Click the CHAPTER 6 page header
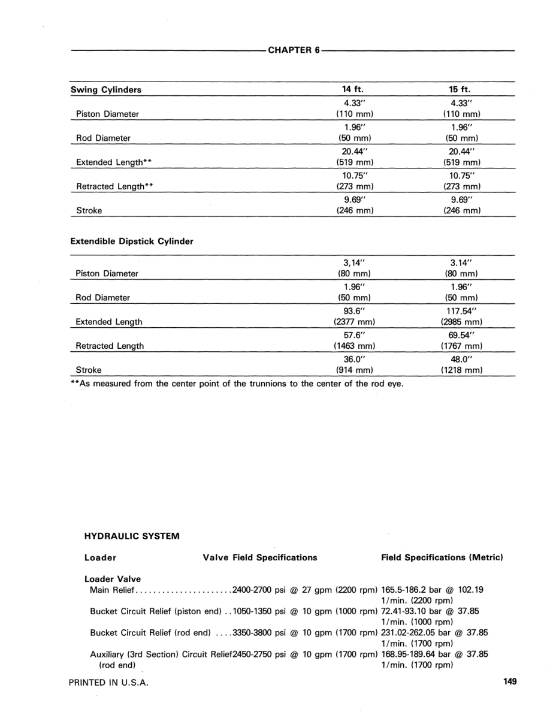[294, 50]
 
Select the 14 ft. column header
[353, 90]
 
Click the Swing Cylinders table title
[106, 90]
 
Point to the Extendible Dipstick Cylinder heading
[132, 242]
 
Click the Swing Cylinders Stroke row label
[89, 210]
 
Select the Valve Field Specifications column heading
[260, 557]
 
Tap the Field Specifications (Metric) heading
[442, 557]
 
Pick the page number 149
[510, 681]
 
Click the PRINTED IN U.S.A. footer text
[108, 682]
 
